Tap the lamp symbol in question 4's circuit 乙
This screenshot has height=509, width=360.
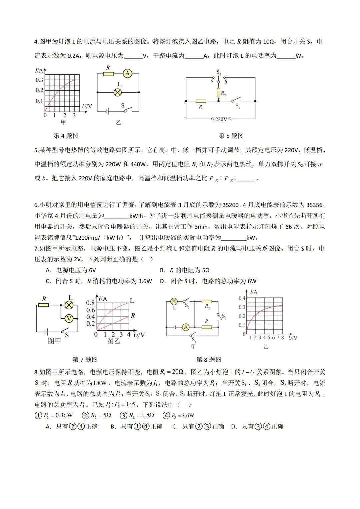coord(117,92)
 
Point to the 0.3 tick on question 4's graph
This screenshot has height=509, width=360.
coord(39,80)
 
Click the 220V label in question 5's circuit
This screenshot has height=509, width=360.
coord(221,119)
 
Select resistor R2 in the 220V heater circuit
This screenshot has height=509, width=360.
coord(219,93)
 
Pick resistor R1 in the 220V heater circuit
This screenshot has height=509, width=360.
coord(201,101)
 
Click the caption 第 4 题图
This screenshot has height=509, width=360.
coord(66,136)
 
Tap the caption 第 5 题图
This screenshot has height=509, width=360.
coord(231,136)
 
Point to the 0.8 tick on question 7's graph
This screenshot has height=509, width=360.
coord(90,303)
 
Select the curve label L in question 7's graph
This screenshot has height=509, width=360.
coord(132,301)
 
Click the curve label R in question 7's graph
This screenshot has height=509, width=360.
coord(133,315)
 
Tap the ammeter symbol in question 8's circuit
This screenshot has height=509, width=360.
coord(186,327)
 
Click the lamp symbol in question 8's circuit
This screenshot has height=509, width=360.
coord(174,302)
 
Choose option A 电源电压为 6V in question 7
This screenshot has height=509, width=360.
coord(71,270)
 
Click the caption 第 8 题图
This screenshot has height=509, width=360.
coord(209,359)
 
